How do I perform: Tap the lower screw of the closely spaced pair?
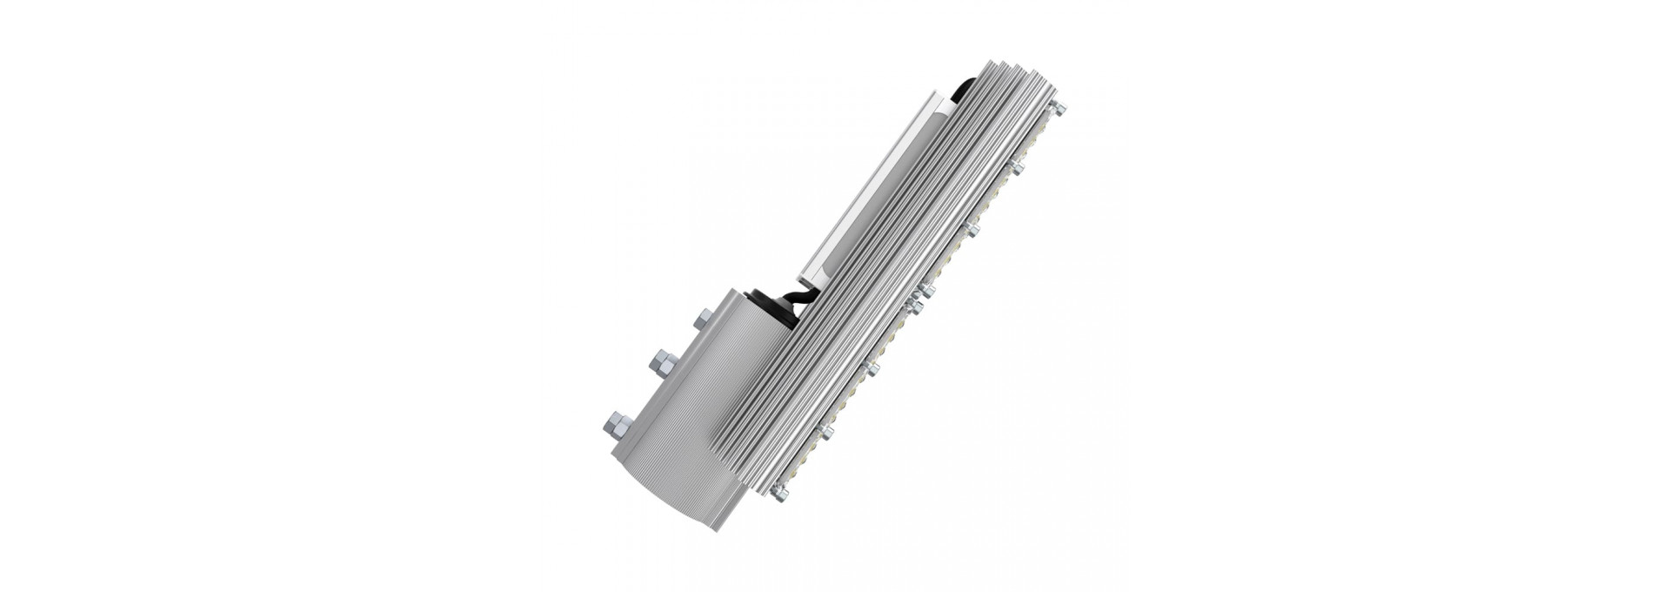[915, 307]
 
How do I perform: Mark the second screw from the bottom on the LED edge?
[826, 431]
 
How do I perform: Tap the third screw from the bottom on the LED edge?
[872, 368]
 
